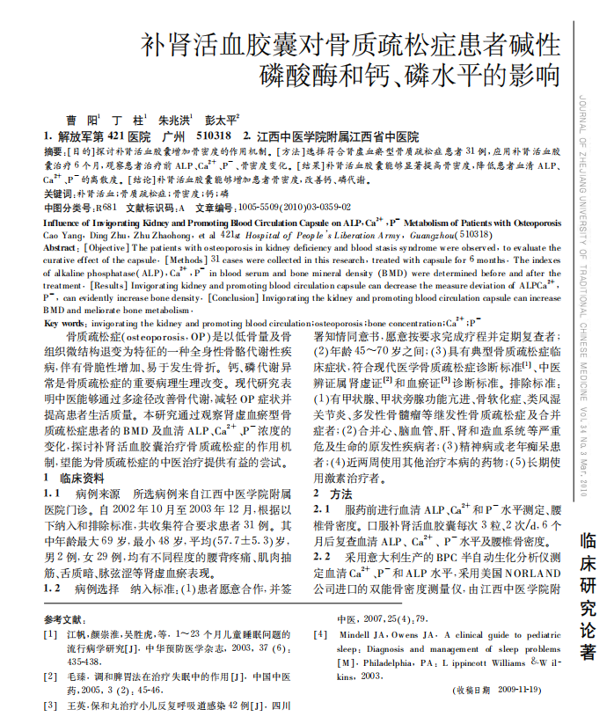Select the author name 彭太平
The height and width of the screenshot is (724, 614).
point(220,120)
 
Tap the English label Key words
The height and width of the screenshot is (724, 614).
point(64,324)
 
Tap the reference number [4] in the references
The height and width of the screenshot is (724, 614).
point(319,634)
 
